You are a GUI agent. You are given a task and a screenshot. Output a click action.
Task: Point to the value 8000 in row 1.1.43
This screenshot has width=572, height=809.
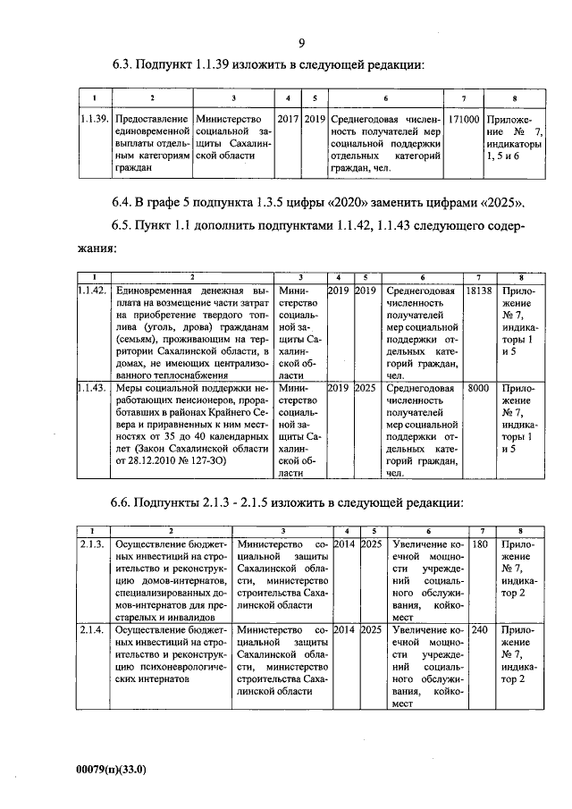click(478, 388)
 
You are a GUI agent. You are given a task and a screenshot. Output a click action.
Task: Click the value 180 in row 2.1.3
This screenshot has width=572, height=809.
click(479, 544)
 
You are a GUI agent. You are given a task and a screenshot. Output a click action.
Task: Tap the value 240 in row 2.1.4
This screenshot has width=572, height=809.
click(479, 629)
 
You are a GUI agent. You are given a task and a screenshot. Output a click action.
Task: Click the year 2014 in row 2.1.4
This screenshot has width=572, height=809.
click(343, 629)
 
